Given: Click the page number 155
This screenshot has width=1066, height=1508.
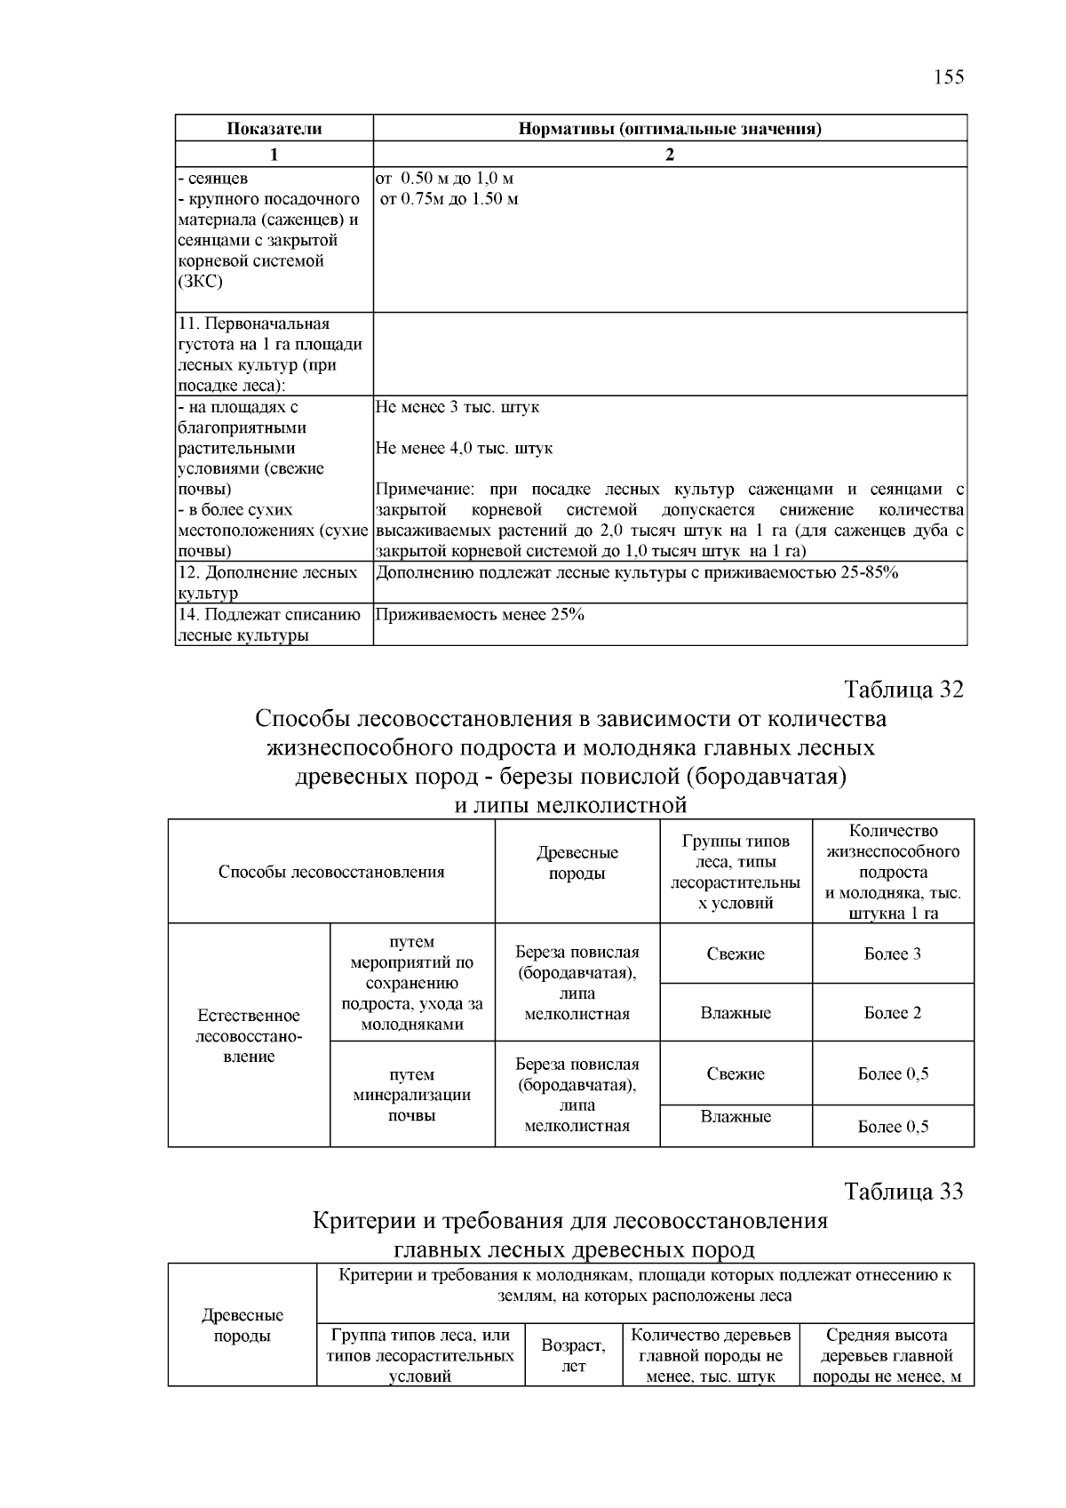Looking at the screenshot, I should (x=948, y=76).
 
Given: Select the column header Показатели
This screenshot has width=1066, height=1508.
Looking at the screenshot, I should (x=274, y=129).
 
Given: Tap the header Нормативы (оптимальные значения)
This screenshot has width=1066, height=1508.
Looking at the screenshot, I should (x=670, y=129).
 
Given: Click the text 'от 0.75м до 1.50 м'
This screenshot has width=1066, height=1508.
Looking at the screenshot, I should (x=449, y=199).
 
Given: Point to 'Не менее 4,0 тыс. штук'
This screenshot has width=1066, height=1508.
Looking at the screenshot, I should (x=464, y=449).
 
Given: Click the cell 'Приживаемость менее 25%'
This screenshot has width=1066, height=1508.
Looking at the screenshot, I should (x=481, y=615).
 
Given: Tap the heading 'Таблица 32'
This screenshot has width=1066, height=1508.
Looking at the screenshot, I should (x=903, y=690).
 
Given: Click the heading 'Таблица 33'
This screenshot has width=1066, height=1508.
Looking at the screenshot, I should (x=903, y=1192).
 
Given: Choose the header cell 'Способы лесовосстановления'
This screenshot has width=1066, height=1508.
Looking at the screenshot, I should (x=331, y=872).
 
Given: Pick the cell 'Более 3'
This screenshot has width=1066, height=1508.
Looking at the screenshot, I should (x=892, y=954).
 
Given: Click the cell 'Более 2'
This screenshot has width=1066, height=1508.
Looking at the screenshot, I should (x=892, y=1013).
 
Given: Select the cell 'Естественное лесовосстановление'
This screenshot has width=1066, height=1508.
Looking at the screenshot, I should (x=249, y=1036).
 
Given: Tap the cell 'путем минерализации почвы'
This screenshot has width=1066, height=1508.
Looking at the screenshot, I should (x=412, y=1095).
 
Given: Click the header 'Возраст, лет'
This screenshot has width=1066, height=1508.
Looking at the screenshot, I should (x=573, y=1356).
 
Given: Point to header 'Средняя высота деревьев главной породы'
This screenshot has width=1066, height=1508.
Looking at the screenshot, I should (x=887, y=1356).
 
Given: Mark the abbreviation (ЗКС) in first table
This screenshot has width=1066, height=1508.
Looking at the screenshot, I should (x=201, y=283).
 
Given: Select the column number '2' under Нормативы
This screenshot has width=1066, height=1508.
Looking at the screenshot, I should (x=670, y=155).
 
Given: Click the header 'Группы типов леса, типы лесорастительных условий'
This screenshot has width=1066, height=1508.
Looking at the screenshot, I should (x=736, y=872).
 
